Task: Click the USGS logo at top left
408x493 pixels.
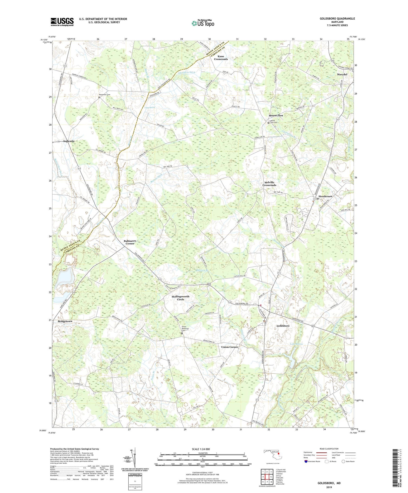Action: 62,22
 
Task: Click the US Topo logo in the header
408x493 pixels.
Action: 203,23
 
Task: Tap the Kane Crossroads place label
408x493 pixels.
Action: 221,58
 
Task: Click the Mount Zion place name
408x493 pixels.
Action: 276,115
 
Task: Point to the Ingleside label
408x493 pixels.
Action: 69,141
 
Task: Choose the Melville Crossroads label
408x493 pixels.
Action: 269,184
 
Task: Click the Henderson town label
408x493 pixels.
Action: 325,196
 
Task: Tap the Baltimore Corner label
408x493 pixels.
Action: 130,242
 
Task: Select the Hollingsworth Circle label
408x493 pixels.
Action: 181,298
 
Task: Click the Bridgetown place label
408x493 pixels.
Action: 65,321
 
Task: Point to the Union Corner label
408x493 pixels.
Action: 230,347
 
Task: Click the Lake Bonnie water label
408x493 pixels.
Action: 296,344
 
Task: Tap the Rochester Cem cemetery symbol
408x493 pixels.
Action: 99,97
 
